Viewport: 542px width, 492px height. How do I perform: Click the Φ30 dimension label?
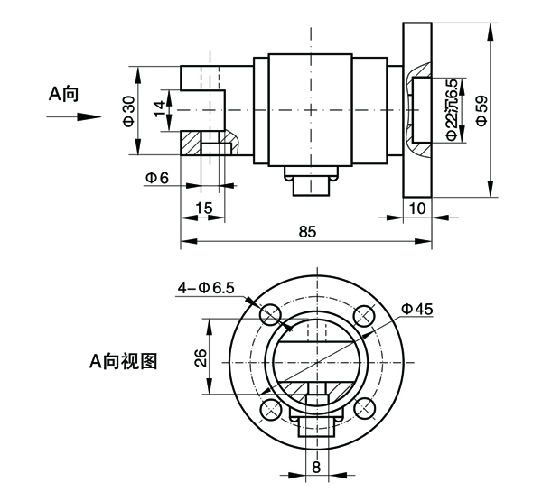click(x=128, y=111)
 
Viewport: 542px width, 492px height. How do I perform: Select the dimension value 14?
click(x=160, y=108)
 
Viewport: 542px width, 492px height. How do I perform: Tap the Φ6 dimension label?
click(x=157, y=178)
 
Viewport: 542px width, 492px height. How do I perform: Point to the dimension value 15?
click(x=204, y=208)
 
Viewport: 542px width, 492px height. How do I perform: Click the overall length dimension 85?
click(x=307, y=231)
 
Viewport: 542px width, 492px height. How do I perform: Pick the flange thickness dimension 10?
click(x=417, y=209)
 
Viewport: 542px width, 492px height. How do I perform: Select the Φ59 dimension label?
click(x=481, y=110)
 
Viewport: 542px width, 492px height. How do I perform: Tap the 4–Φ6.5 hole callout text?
click(x=206, y=287)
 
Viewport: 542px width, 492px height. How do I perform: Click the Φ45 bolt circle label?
click(x=416, y=309)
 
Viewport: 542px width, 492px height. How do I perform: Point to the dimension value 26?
click(x=201, y=358)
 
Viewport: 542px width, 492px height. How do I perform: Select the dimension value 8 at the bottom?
click(x=316, y=467)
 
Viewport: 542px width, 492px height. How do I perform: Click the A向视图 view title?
click(x=123, y=361)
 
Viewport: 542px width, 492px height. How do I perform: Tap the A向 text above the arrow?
click(x=63, y=94)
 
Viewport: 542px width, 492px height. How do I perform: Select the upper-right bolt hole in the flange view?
click(x=364, y=315)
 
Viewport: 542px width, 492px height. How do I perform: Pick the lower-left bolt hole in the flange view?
click(x=270, y=409)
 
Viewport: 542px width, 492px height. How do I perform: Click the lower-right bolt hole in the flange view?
click(x=364, y=409)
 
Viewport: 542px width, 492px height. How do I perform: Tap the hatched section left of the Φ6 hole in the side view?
click(x=191, y=143)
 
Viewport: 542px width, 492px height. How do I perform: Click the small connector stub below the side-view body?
click(x=311, y=186)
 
